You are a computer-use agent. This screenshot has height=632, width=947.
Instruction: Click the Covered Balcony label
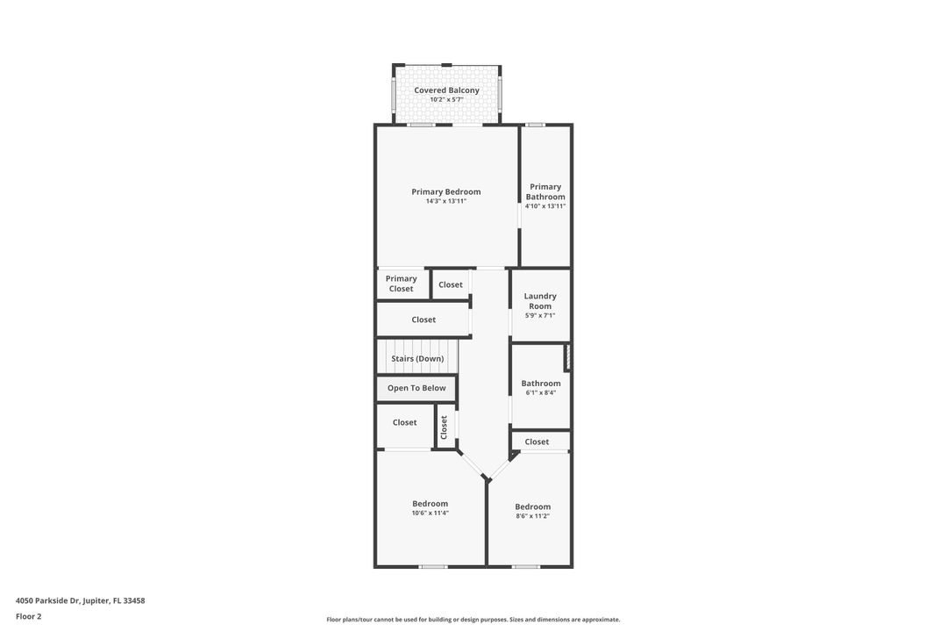pos(446,90)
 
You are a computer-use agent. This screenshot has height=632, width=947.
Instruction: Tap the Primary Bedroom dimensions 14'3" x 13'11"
pos(446,201)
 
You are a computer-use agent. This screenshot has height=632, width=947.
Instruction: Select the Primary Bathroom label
pos(545,191)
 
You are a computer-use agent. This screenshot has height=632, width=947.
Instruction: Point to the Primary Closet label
pos(402,284)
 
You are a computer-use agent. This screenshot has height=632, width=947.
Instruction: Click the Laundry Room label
pos(540,301)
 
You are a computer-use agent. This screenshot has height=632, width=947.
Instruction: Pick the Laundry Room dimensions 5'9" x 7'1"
pos(540,315)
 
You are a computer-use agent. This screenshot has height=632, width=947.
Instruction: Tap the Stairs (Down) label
pos(417,358)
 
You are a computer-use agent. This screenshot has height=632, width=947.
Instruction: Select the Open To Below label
pos(417,388)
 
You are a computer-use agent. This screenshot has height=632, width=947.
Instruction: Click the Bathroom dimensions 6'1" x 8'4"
pos(541,392)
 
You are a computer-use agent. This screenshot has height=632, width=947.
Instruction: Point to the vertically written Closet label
pos(445,427)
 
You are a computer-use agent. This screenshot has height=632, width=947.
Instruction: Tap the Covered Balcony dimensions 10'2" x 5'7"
pos(446,99)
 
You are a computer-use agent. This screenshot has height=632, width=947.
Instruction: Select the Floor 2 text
pos(28,616)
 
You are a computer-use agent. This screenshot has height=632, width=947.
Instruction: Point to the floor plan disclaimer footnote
pos(473,620)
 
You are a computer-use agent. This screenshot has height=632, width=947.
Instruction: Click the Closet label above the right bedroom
pos(537,442)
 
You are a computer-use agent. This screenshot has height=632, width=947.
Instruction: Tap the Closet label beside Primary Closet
pos(451,284)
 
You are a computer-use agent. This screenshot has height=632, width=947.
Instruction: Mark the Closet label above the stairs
pos(424,320)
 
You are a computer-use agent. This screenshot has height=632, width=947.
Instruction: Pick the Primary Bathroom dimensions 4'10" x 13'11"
pos(545,206)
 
